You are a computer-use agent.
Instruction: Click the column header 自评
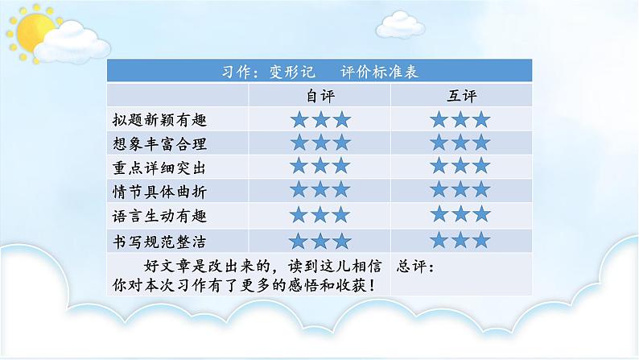point(319,95)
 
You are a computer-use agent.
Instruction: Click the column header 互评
point(462,95)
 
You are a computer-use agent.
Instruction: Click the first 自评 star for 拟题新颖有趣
point(300,121)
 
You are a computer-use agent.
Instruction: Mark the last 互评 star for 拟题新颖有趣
point(481,121)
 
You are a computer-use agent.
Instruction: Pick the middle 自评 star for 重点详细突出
point(320,167)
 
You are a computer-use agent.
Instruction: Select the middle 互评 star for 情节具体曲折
point(461,190)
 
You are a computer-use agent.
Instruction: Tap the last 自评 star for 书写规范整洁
point(341,241)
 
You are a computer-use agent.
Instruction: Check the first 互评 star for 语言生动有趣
point(441,214)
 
